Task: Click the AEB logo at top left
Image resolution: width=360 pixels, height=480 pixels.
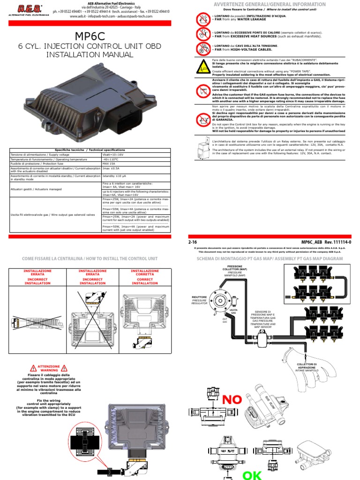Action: click(x=29, y=10)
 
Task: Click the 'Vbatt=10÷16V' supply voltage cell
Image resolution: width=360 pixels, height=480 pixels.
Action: click(x=113, y=154)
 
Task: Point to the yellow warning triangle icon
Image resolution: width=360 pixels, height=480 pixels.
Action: click(x=203, y=67)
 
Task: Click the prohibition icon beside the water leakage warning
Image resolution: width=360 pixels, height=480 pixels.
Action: click(x=203, y=19)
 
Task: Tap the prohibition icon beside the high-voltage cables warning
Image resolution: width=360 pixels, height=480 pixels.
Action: click(x=203, y=48)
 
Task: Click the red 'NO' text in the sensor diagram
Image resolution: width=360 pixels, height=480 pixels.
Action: click(x=232, y=399)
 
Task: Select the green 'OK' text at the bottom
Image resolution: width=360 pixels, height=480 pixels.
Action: click(x=251, y=474)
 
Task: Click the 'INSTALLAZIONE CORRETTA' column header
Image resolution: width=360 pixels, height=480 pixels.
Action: click(x=145, y=277)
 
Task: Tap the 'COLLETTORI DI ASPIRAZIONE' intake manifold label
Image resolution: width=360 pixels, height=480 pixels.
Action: click(x=307, y=366)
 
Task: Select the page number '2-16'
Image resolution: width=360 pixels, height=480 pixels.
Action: click(x=192, y=241)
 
